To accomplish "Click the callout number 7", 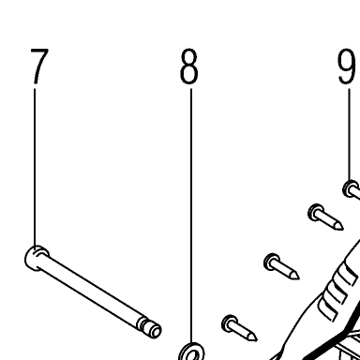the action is tap(39, 66).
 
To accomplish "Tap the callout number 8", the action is tap(189, 66).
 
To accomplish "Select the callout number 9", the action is tap(347, 66).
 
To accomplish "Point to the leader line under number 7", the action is tap(35, 167).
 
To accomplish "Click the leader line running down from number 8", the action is tap(191, 216).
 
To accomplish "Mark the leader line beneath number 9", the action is tap(350, 134).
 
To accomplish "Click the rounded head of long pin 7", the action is tap(36, 258).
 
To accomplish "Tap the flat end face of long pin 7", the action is tap(157, 331).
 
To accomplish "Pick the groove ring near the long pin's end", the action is tap(143, 324).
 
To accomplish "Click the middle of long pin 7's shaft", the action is tap(91, 292).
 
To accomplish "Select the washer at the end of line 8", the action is tap(191, 352).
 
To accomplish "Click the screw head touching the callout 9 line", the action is tap(351, 188).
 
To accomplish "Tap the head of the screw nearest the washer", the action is tap(230, 323).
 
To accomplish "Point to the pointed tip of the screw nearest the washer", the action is tap(256, 339).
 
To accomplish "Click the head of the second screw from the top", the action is tap(316, 213).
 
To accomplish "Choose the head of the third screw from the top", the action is tap(272, 262).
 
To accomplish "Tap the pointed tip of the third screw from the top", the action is tap(298, 277).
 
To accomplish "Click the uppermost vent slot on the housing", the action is tap(348, 273).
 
